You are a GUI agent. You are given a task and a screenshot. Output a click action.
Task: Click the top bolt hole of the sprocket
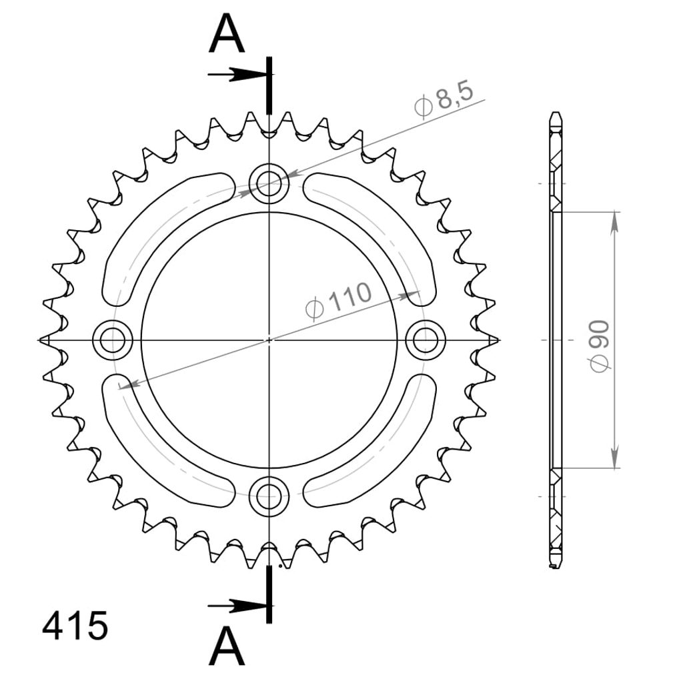pos(269,183)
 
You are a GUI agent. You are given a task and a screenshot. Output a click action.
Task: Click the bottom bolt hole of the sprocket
pos(269,496)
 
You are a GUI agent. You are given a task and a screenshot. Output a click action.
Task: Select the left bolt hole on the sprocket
pos(113,339)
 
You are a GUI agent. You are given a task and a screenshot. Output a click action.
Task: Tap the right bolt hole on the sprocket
pos(426,339)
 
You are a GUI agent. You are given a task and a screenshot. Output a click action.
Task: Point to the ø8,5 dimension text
pos(444,99)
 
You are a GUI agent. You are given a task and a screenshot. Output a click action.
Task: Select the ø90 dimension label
pos(600,346)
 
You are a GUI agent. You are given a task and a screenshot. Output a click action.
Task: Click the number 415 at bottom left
pos(75,626)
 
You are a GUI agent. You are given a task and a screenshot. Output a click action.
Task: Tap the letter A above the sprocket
pos(227,33)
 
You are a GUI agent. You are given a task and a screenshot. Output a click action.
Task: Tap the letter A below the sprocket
pos(227,646)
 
